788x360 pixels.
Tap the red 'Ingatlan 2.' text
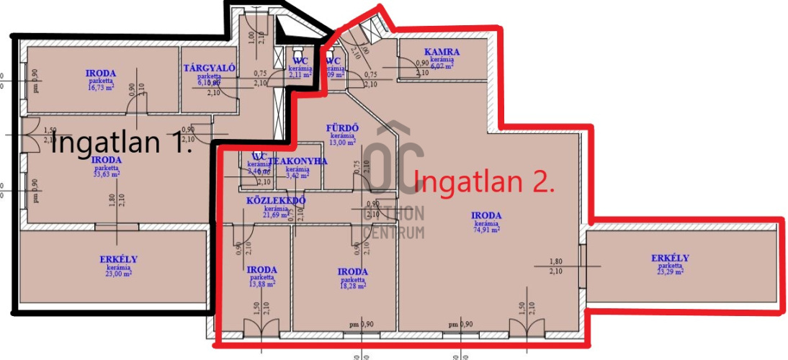click(x=485, y=181)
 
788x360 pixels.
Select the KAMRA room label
click(x=442, y=52)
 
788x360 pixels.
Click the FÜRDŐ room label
click(x=343, y=128)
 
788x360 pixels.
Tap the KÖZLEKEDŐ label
click(x=277, y=200)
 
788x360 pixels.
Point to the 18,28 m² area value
click(x=353, y=286)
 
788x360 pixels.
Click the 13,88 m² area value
click(x=261, y=284)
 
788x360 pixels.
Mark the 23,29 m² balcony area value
click(x=670, y=272)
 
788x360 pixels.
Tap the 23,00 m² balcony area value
click(x=118, y=274)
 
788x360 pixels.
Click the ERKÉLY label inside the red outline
click(x=670, y=258)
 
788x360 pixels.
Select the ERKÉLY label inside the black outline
click(x=118, y=259)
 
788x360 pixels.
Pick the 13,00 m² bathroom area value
click(x=343, y=142)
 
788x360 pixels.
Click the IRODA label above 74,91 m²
click(x=486, y=215)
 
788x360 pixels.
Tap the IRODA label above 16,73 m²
click(x=101, y=73)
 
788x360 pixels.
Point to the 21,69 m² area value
click(x=277, y=215)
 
